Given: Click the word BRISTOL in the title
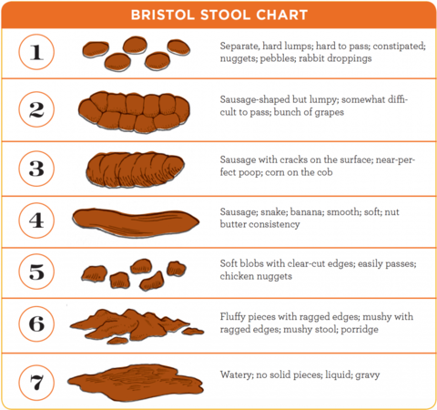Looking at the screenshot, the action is coord(162,15).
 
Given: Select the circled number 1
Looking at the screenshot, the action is coord(36,52).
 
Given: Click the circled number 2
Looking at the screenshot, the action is coord(36,109).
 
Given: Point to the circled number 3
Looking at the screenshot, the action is coord(36,169).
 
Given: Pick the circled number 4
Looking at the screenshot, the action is coord(36,220).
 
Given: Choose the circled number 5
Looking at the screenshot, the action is coord(36,272).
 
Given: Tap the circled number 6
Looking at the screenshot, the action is coord(36,323).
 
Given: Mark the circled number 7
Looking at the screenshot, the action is coord(36,383).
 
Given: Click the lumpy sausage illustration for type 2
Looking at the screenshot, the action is coord(134,112).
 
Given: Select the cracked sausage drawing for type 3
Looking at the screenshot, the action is coord(135,169).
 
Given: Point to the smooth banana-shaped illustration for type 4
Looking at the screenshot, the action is coord(136,222).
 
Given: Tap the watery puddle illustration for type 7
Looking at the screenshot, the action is coord(136,382).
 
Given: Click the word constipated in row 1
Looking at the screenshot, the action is coord(400,46).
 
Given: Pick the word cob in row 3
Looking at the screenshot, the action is coord(325,172).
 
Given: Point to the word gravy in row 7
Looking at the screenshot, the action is coord(368,375).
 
